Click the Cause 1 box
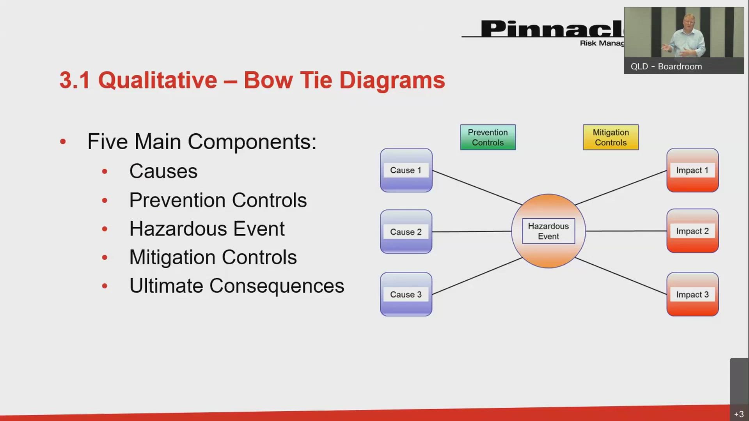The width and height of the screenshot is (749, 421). coord(406,170)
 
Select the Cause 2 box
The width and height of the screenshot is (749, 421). coord(406,232)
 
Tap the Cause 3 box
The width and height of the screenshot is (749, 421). coord(406,294)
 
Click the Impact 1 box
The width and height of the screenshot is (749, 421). coord(692,170)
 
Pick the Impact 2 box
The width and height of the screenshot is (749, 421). coord(692,231)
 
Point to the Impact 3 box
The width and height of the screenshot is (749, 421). coord(692,294)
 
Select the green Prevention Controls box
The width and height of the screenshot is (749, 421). coord(488,137)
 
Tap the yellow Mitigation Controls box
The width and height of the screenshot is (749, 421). coord(611,137)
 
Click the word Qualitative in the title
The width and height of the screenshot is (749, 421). coord(157,80)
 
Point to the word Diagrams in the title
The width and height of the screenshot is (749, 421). coord(392,80)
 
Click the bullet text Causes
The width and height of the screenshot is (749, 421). coord(163,171)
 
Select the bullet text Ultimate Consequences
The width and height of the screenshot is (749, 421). coord(236,286)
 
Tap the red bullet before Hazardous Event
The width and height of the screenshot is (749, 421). coord(105,229)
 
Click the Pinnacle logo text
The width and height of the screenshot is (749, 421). coord(550,29)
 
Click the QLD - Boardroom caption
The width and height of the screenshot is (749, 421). coord(666,67)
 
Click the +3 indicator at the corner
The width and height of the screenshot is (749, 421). coord(739,414)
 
